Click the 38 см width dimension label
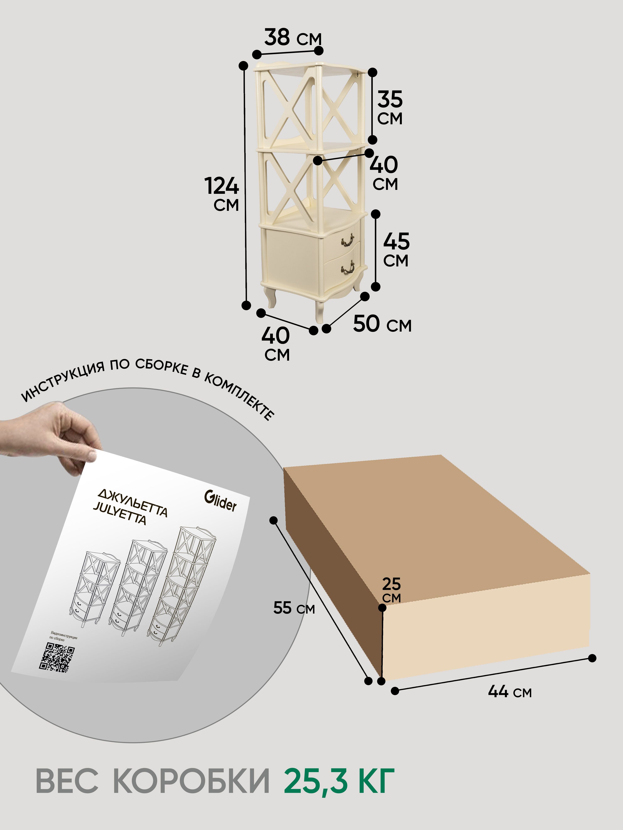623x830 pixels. point(293,38)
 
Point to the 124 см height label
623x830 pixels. point(222,194)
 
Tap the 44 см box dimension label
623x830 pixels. point(510,691)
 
